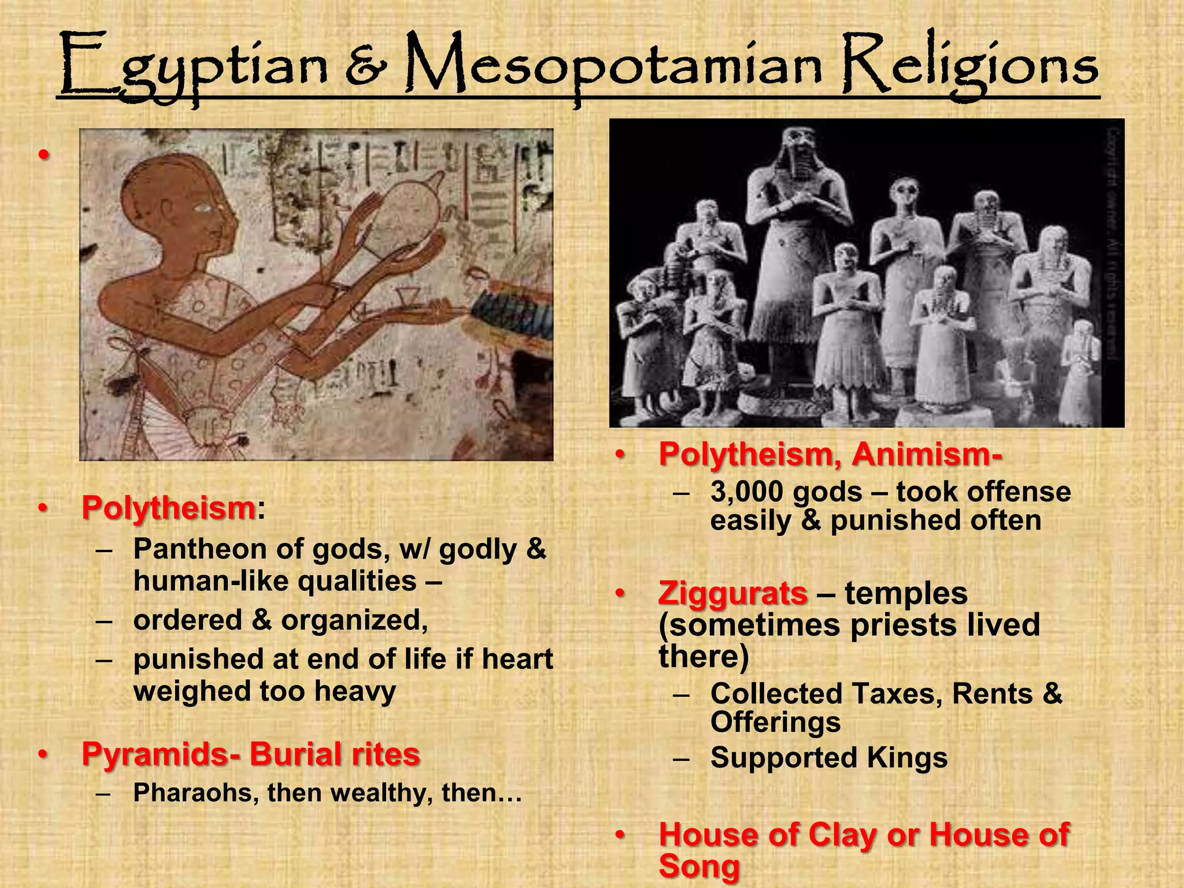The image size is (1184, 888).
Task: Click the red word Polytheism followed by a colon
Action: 168,508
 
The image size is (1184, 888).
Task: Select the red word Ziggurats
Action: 733,593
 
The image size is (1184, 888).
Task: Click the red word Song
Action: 699,866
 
